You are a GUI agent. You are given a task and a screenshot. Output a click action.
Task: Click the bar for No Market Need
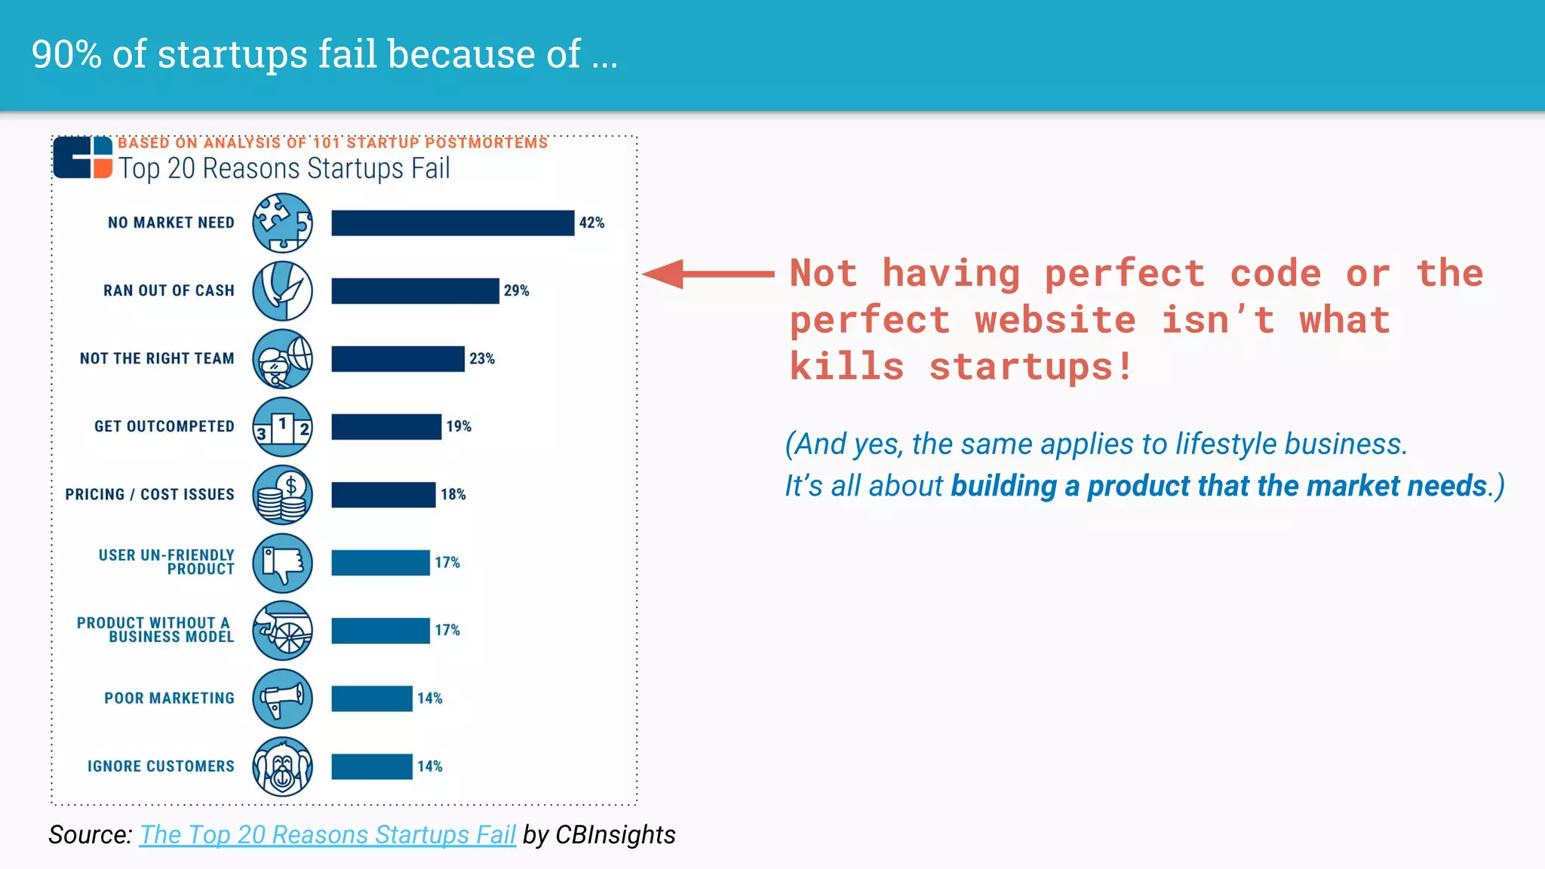tap(453, 223)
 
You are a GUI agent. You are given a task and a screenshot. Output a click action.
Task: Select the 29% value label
tap(516, 290)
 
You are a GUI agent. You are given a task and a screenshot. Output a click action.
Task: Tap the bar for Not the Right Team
tap(398, 358)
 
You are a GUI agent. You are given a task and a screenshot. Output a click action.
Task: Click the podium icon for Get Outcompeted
tap(282, 427)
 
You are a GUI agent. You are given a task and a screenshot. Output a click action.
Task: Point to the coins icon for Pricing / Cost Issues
tap(282, 495)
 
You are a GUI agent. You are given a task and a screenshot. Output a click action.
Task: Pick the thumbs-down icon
tap(282, 563)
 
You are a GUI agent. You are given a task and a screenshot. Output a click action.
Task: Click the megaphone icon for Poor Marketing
tap(282, 699)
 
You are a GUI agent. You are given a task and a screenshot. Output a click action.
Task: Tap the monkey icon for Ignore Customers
tap(282, 766)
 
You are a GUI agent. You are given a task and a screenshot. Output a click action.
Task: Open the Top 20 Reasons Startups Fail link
tap(327, 834)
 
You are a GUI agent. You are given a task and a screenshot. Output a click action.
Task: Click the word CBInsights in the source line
tap(615, 834)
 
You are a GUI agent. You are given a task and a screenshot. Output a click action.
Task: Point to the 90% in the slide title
tap(66, 54)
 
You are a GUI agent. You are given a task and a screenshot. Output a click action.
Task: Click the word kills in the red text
tap(846, 367)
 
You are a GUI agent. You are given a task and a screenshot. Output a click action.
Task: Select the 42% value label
tap(591, 223)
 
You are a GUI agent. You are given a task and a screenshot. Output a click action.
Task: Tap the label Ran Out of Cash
tap(169, 290)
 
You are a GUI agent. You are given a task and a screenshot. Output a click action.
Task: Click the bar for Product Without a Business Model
tap(380, 631)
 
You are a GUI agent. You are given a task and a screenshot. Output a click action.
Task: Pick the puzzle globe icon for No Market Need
tap(282, 223)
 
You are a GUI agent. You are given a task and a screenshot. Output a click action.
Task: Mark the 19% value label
tap(458, 426)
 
